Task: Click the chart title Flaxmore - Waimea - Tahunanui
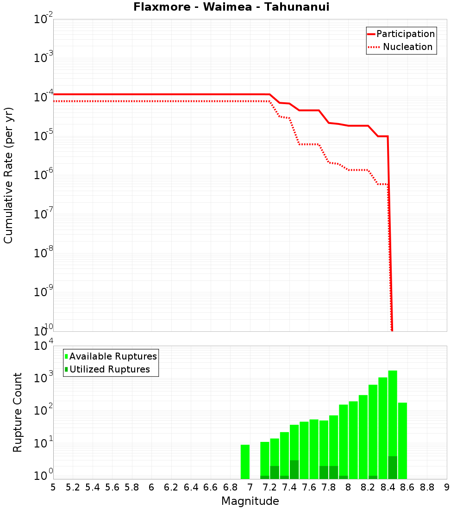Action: pyautogui.click(x=231, y=7)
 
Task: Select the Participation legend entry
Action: pyautogui.click(x=405, y=34)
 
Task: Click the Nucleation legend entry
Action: pyautogui.click(x=407, y=47)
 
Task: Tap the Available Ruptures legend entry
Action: pyautogui.click(x=113, y=356)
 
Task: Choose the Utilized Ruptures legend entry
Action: pyautogui.click(x=109, y=369)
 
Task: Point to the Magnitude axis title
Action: pyautogui.click(x=250, y=501)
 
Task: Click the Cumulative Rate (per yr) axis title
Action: pyautogui.click(x=8, y=175)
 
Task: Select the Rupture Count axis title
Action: pyautogui.click(x=18, y=412)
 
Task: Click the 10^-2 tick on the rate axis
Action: pyautogui.click(x=44, y=19)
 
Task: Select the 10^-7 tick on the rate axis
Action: pyautogui.click(x=44, y=214)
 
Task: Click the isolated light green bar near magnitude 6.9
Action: pyautogui.click(x=245, y=462)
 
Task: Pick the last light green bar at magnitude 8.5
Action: pyautogui.click(x=402, y=440)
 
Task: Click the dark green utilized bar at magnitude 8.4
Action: pyautogui.click(x=393, y=467)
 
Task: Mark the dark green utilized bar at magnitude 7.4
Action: pyautogui.click(x=294, y=470)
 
